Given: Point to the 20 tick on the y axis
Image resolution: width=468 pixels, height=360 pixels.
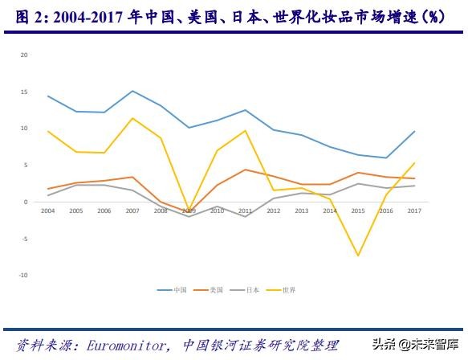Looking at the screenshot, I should [x=24, y=55].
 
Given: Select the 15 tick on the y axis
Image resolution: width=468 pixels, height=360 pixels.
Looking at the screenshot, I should [x=24, y=92].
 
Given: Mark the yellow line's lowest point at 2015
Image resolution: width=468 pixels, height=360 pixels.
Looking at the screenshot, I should [x=357, y=256].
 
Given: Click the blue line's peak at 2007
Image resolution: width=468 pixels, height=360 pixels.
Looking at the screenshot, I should [x=132, y=91].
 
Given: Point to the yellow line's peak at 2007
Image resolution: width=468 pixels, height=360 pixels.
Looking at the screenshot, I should [x=132, y=118].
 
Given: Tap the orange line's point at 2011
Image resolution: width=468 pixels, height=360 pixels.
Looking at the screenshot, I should [x=245, y=170].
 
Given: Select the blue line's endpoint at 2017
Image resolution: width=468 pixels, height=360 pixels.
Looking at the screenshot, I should [x=413, y=131].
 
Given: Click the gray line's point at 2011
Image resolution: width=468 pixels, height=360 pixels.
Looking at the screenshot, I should [x=245, y=217].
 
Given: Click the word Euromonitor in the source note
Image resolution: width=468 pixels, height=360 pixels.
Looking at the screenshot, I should [x=116, y=345].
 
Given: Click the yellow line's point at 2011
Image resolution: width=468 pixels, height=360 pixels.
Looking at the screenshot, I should [x=245, y=130].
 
